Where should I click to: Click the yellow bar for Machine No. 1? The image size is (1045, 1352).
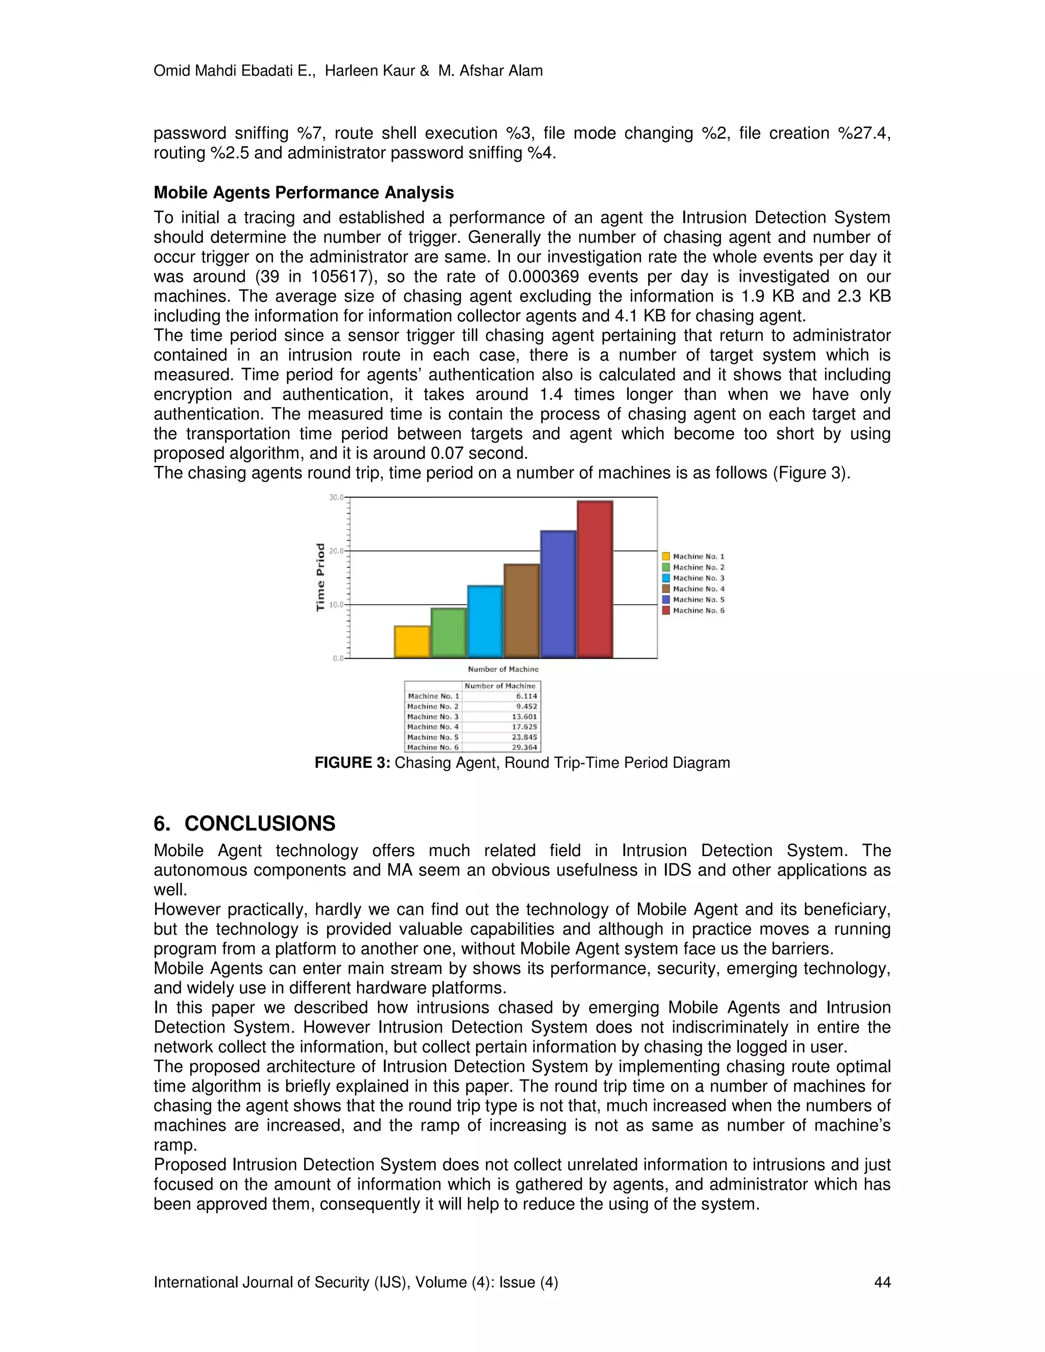(x=412, y=642)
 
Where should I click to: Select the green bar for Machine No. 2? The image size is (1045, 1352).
(x=448, y=633)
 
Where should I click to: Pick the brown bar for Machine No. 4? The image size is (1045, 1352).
(x=521, y=611)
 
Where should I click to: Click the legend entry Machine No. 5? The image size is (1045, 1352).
(x=698, y=599)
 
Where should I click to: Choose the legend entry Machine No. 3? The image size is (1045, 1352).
(x=698, y=578)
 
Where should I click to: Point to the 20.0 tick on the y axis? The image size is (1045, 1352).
(x=337, y=551)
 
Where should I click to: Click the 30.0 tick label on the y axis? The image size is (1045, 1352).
(x=336, y=497)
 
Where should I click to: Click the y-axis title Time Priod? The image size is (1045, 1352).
(x=320, y=577)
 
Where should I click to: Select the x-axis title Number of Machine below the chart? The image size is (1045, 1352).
(x=503, y=669)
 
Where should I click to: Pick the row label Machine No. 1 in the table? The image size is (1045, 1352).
(x=433, y=696)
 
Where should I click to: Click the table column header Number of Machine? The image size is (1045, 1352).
(x=500, y=686)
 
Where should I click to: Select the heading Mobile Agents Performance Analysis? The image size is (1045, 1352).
(x=304, y=192)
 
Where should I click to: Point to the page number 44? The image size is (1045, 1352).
(x=882, y=1282)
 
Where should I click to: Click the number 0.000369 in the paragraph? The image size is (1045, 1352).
(x=543, y=277)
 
